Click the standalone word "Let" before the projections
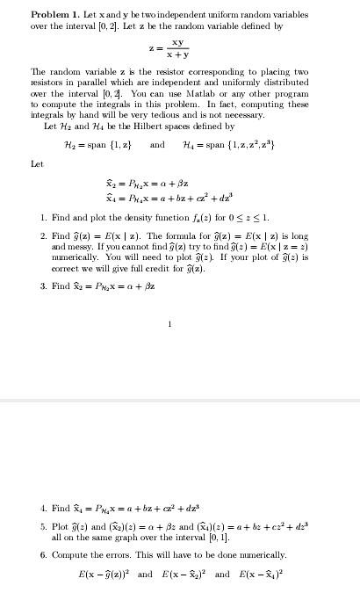(37, 163)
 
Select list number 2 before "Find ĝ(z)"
(43, 235)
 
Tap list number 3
(43, 286)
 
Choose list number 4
(43, 508)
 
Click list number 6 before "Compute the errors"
(43, 555)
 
